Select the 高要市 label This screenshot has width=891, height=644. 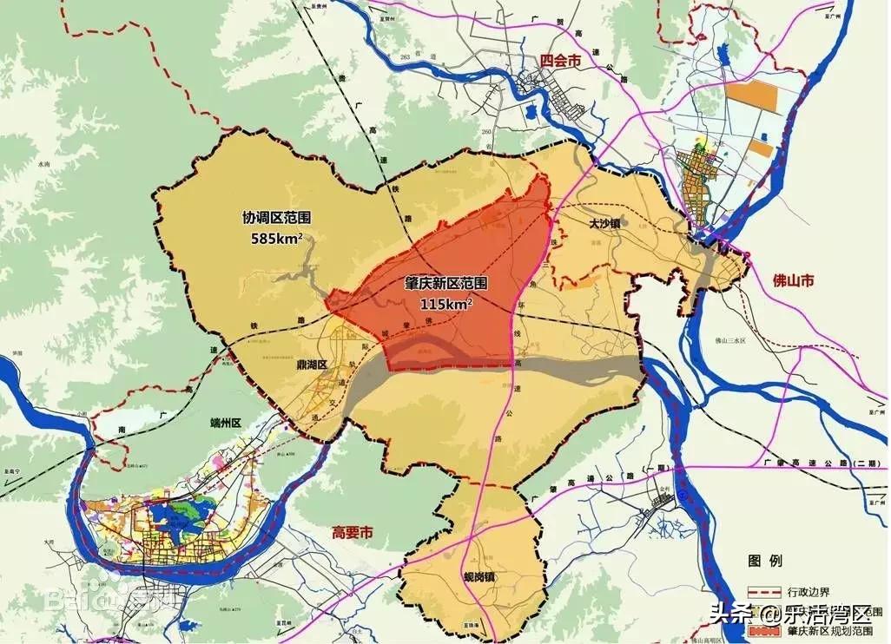[x=353, y=532]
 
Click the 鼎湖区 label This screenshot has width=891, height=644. [x=310, y=365]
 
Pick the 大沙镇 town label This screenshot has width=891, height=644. [x=604, y=223]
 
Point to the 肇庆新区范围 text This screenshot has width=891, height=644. [x=446, y=284]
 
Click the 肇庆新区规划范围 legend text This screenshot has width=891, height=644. [x=835, y=632]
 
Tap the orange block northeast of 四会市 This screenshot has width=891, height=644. [x=750, y=95]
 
